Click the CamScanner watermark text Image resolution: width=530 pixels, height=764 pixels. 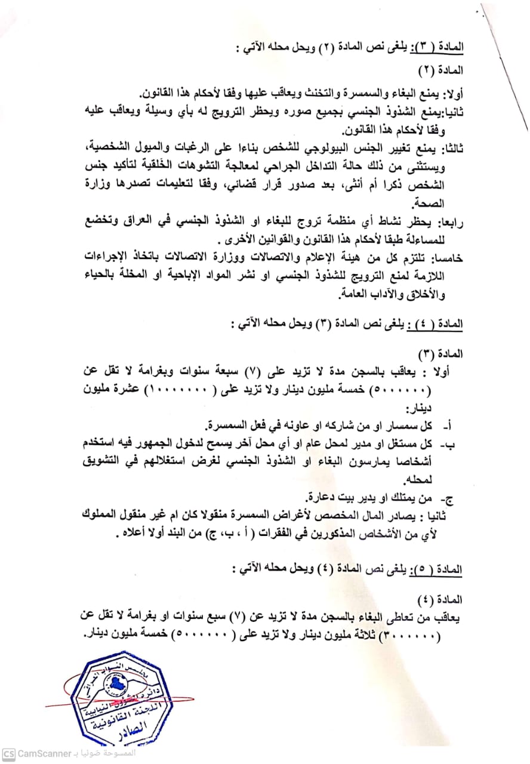click(x=44, y=753)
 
